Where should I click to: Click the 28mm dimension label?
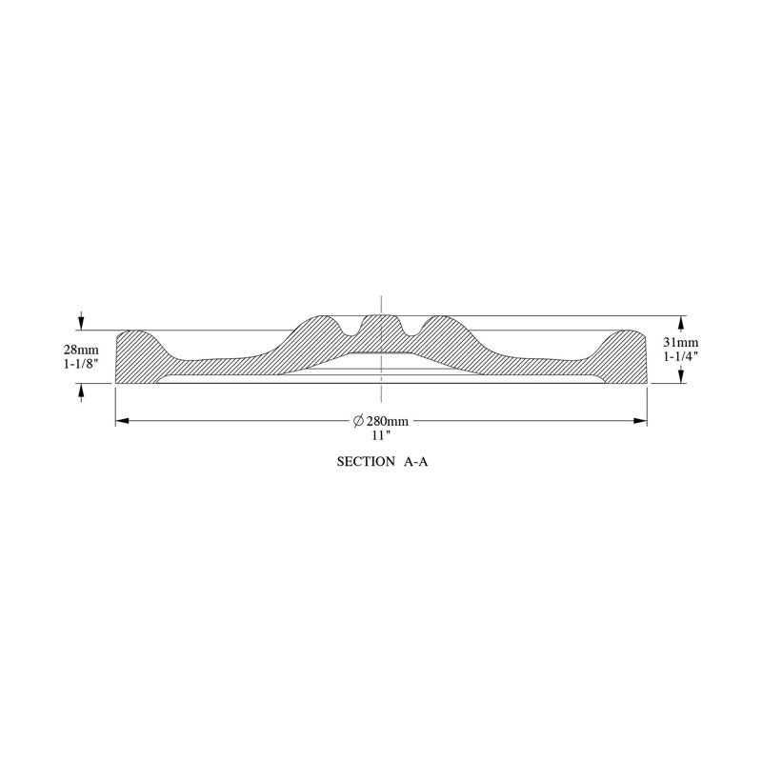pyautogui.click(x=81, y=350)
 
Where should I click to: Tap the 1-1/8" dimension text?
pyautogui.click(x=81, y=364)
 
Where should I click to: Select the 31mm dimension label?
pyautogui.click(x=681, y=343)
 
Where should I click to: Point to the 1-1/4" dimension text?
pyautogui.click(x=681, y=356)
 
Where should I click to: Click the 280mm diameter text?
pyautogui.click(x=388, y=421)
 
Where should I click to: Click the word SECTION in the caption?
pyautogui.click(x=366, y=462)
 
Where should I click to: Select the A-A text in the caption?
pyautogui.click(x=416, y=462)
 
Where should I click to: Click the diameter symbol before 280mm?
pyautogui.click(x=359, y=421)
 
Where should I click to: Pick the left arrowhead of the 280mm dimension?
pyautogui.click(x=122, y=421)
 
